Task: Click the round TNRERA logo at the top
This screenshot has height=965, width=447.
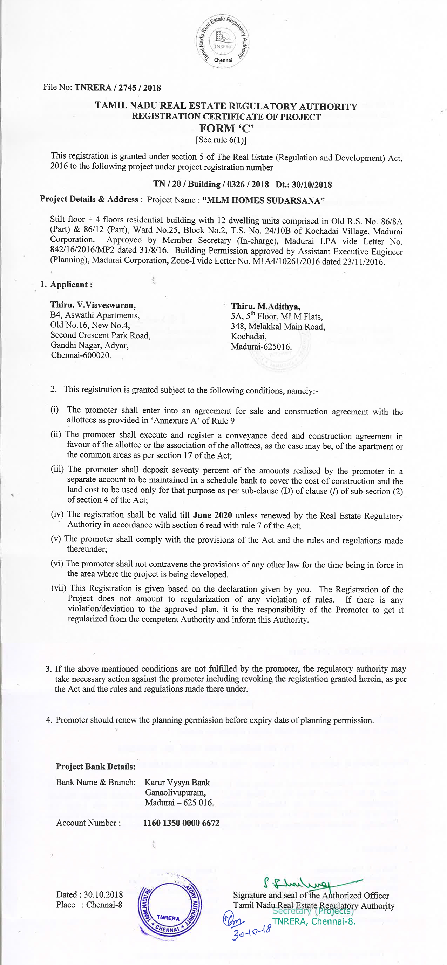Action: (x=223, y=42)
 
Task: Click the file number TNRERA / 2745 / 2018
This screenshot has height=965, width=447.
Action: (x=117, y=88)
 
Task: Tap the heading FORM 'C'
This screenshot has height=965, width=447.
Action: (x=226, y=128)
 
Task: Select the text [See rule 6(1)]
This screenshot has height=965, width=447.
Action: (x=221, y=140)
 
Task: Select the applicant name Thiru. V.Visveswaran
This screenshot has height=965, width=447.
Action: (x=93, y=305)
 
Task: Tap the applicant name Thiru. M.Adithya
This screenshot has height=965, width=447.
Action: (x=265, y=307)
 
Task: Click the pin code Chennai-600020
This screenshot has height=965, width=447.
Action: (x=81, y=355)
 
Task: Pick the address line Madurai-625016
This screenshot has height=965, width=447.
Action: (x=261, y=346)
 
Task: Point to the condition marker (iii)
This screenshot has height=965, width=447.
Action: (x=57, y=470)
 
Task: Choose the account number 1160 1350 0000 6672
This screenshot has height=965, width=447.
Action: (x=181, y=823)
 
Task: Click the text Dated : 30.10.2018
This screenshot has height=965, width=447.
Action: (x=89, y=894)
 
